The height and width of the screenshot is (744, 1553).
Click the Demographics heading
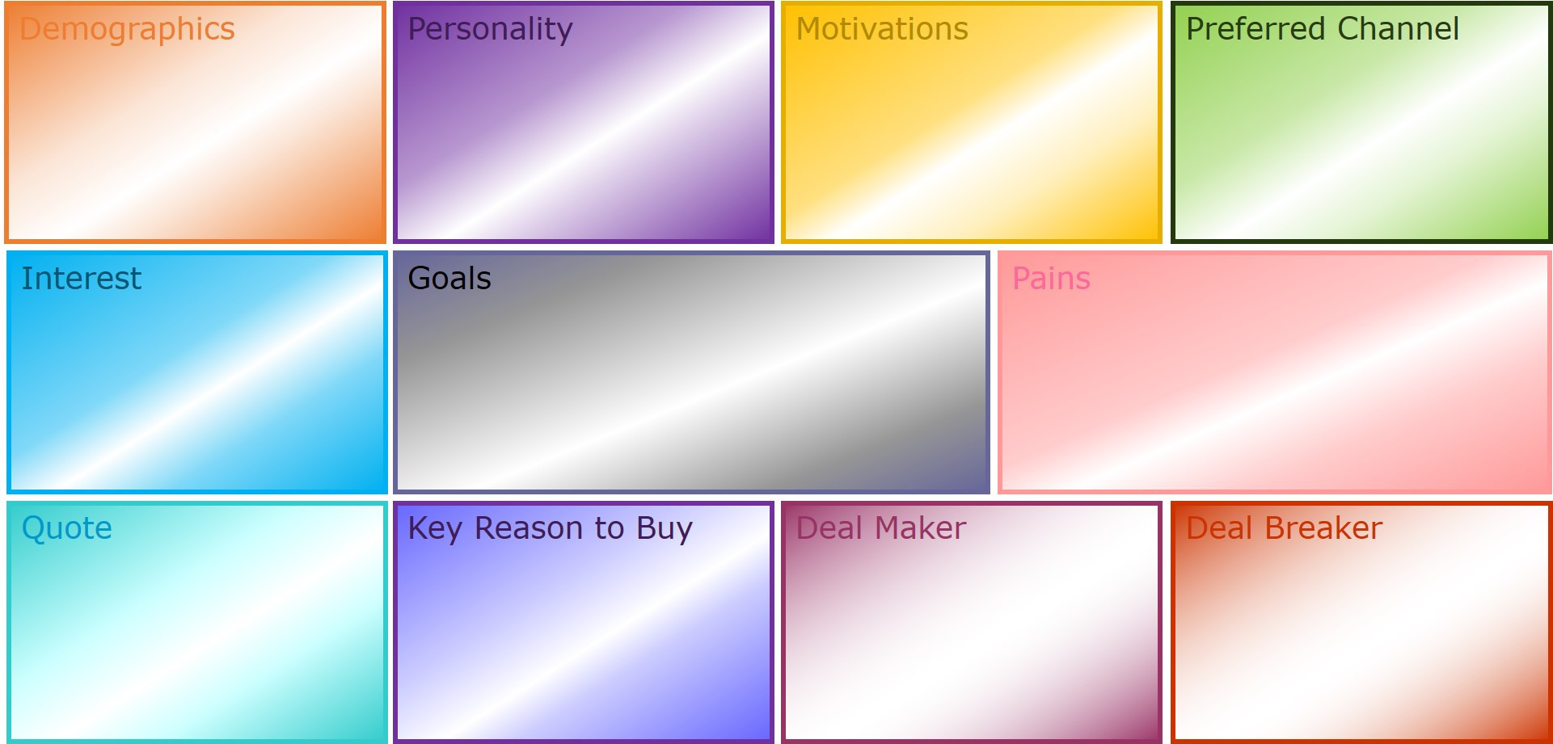(127, 30)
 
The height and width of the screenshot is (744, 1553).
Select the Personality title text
(490, 30)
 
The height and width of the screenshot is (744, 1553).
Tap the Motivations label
(882, 29)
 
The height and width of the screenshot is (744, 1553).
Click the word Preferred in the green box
(1255, 29)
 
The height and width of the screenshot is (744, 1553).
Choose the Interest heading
(81, 279)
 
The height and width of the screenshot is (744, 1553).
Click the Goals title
(449, 279)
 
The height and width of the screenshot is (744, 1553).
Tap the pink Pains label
(1051, 279)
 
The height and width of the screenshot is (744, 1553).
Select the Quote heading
(66, 528)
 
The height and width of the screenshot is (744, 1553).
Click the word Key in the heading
(435, 529)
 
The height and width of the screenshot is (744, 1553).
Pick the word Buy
(665, 529)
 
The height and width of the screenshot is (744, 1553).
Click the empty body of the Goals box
(691, 388)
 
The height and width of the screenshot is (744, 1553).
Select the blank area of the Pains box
(1275, 388)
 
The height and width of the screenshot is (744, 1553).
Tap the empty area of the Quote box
(196, 638)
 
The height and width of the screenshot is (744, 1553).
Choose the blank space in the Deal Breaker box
(1361, 638)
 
